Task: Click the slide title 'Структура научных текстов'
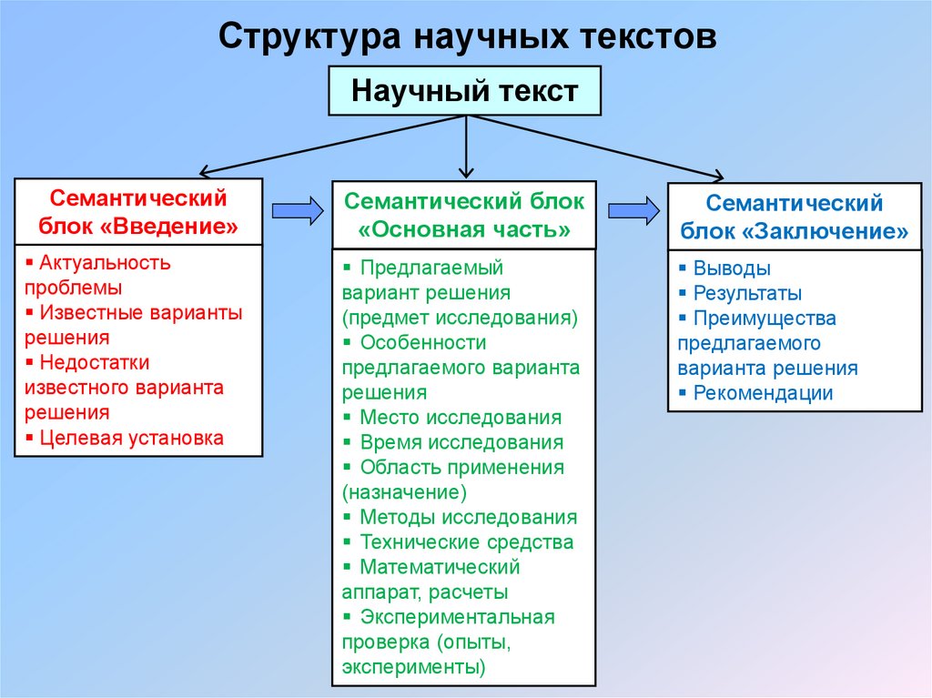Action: [x=467, y=37]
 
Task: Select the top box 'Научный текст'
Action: [x=464, y=91]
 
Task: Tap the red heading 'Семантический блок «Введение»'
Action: [x=138, y=211]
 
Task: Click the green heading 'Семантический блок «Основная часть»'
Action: [x=464, y=215]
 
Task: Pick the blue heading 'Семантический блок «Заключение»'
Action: [x=795, y=217]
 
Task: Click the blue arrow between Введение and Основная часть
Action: [x=298, y=211]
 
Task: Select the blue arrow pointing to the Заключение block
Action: [x=633, y=211]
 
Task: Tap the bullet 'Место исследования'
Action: [x=461, y=418]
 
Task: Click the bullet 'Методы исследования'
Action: [x=468, y=517]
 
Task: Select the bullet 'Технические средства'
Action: [x=466, y=542]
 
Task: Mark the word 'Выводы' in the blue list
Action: [x=732, y=268]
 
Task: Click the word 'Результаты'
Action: [x=747, y=293]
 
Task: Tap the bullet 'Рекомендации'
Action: [x=763, y=393]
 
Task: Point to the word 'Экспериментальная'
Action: [x=457, y=617]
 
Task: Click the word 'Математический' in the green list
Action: [x=440, y=567]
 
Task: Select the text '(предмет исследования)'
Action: [x=461, y=319]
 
